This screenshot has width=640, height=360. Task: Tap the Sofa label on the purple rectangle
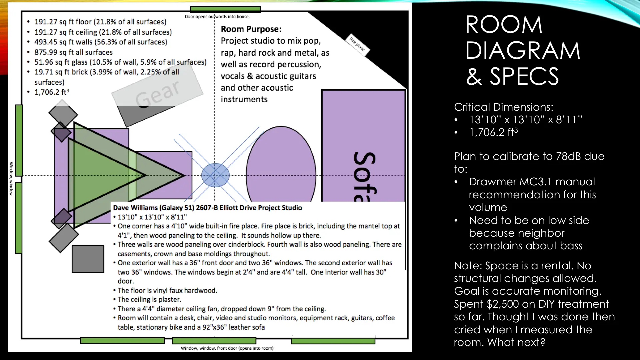click(365, 177)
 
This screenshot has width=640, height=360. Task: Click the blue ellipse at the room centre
click(215, 175)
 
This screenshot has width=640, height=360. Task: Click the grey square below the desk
click(88, 259)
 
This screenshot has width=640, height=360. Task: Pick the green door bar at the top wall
click(225, 9)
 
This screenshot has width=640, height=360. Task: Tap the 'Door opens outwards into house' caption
click(217, 17)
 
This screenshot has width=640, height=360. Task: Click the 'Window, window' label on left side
click(11, 178)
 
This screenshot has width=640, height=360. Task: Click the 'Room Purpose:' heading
click(251, 29)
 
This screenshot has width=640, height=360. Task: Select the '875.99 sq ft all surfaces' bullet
click(74, 52)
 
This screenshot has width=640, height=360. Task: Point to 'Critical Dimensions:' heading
click(503, 107)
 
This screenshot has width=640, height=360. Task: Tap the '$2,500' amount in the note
click(503, 304)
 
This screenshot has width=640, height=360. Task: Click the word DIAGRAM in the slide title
click(523, 51)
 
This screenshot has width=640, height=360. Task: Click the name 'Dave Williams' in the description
click(135, 208)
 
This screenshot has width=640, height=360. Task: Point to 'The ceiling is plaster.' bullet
click(149, 300)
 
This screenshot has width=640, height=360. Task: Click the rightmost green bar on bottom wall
click(333, 341)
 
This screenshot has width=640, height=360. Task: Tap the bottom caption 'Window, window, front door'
click(227, 348)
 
